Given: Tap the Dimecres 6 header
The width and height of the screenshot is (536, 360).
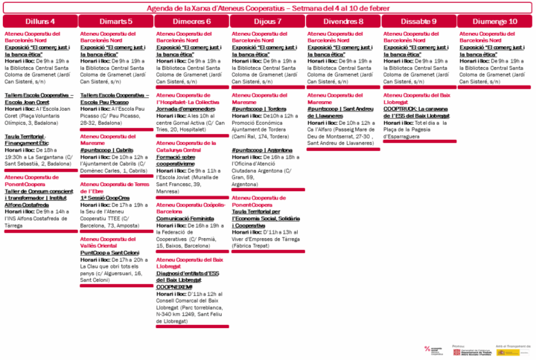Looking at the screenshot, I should click(x=191, y=22).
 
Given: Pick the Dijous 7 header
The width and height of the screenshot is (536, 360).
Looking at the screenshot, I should click(x=267, y=22).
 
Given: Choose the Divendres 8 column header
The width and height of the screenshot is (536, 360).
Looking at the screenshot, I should click(x=343, y=22).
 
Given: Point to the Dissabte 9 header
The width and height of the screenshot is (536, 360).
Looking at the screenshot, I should click(x=419, y=22).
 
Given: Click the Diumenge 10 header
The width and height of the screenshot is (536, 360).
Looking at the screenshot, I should click(x=495, y=22).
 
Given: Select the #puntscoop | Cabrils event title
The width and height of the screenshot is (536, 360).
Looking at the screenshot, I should click(x=107, y=149).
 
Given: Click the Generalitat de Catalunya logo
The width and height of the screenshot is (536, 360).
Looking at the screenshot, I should click(x=465, y=351).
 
